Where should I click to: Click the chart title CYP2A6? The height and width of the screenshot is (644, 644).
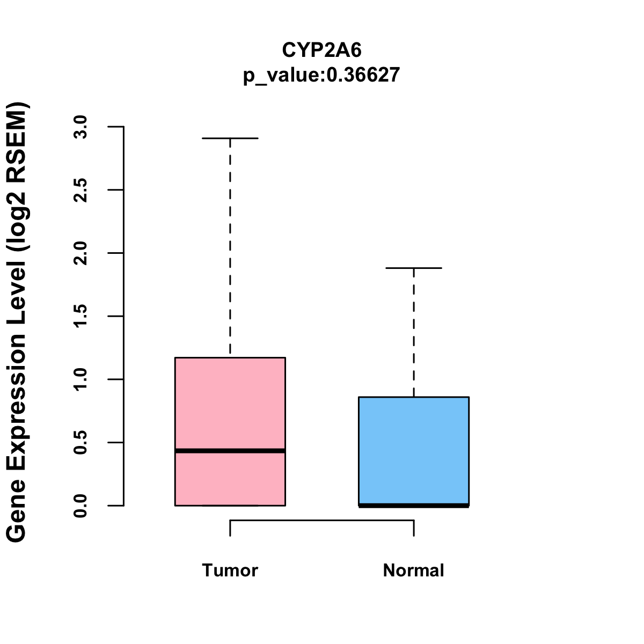[x=321, y=50]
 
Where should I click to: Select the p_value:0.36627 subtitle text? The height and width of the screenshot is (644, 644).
[x=321, y=75]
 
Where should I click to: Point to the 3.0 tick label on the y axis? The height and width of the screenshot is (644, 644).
[x=81, y=127]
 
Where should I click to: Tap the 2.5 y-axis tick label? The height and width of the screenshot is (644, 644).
[x=81, y=190]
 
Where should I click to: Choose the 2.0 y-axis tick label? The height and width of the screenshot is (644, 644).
[x=81, y=253]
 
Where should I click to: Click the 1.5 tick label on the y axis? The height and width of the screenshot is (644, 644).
[x=81, y=316]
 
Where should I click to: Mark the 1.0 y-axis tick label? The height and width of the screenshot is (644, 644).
[x=81, y=379]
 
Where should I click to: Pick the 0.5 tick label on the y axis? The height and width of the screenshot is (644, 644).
[x=81, y=442]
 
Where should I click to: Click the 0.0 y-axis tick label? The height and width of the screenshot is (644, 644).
[x=81, y=506]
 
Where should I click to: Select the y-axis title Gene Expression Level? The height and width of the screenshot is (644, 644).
[x=17, y=322]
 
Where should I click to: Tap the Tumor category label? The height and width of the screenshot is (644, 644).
[x=230, y=570]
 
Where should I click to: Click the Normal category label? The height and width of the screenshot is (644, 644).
[x=414, y=570]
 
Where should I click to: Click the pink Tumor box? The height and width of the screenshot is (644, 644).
[x=230, y=402]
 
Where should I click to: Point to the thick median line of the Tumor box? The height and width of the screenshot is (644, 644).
[x=230, y=451]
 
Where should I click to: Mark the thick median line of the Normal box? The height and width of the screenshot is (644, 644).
[x=414, y=505]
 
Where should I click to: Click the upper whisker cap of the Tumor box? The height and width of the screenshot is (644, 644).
[x=230, y=138]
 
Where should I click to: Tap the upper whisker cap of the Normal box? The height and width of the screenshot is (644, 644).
[x=414, y=268]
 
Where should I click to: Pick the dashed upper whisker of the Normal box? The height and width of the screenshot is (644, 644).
[x=414, y=333]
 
